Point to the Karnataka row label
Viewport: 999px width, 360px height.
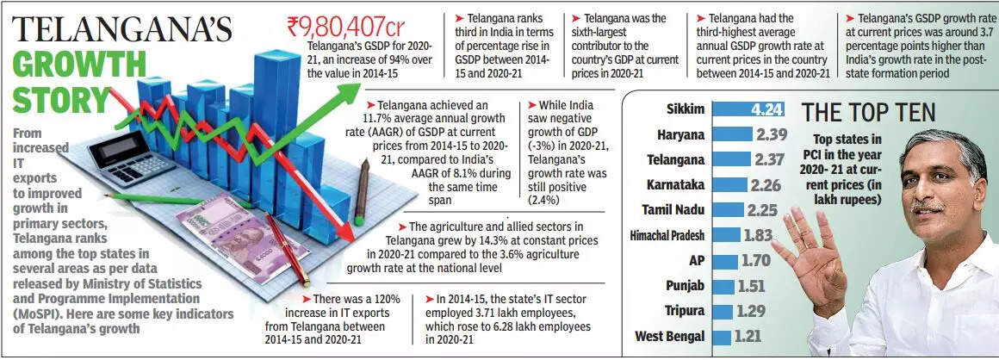tap(675, 184)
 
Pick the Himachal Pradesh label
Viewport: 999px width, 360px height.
tap(667, 235)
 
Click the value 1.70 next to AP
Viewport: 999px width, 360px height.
tap(756, 260)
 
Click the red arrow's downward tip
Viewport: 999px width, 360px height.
tap(350, 238)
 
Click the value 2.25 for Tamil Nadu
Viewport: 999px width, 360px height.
tap(761, 209)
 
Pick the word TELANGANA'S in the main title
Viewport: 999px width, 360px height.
tap(122, 28)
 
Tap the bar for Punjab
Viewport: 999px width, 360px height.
tap(723, 286)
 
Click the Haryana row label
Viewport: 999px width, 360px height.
tap(680, 134)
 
